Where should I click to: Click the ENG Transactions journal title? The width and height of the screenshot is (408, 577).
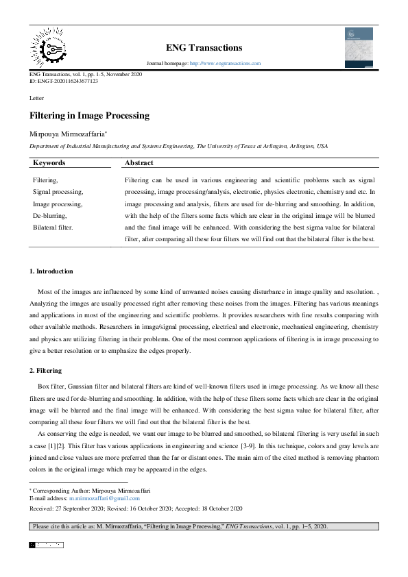204,48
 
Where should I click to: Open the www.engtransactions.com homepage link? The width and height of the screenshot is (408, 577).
225,64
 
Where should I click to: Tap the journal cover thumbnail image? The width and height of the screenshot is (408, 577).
359,47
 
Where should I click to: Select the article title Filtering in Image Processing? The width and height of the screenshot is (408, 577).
89,116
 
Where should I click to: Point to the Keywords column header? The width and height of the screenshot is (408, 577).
49,163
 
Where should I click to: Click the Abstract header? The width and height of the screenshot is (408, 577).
139,163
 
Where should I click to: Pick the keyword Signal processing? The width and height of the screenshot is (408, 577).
58,192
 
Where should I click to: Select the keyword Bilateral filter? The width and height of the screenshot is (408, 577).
53,226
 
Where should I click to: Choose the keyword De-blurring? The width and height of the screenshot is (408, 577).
50,215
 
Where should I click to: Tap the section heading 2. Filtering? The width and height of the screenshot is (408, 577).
46,371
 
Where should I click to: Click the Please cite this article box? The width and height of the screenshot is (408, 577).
204,526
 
